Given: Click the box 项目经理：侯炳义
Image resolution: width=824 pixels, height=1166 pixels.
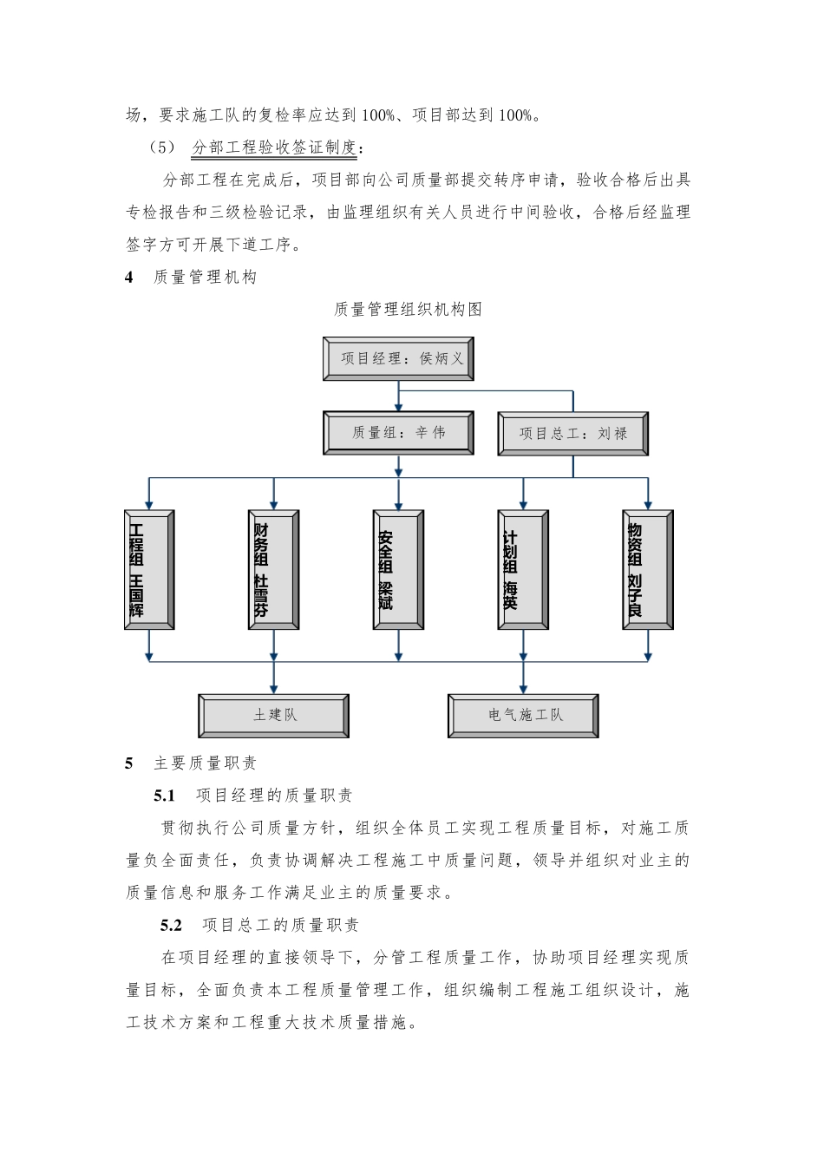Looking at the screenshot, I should click(x=398, y=358).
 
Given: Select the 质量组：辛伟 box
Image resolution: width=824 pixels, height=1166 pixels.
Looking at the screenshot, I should click(x=398, y=433).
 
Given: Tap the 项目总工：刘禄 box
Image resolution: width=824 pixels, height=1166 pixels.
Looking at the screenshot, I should click(x=572, y=433).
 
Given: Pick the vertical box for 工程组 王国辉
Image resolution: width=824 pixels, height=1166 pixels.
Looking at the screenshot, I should click(x=149, y=569).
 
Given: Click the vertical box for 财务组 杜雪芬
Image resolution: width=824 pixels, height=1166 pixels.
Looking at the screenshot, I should click(x=273, y=569).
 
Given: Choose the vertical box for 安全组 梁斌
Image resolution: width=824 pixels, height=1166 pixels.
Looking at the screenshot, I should click(x=398, y=569).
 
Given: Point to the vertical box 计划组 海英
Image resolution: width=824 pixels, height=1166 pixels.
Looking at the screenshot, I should click(x=523, y=569).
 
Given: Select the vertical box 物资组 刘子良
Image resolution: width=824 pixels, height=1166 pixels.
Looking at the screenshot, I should click(x=648, y=569).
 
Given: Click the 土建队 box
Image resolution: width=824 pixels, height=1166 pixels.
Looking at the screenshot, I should click(x=274, y=716).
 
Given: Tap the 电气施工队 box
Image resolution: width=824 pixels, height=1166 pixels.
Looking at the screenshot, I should click(x=523, y=716).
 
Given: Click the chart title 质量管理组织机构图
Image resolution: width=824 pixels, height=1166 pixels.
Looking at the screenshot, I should click(x=408, y=310).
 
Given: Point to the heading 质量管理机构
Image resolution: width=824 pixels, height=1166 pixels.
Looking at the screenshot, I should click(x=206, y=278).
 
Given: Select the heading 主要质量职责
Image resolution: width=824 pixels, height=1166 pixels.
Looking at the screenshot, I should click(x=206, y=763).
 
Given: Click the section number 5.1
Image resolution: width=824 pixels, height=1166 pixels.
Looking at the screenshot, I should click(x=165, y=796).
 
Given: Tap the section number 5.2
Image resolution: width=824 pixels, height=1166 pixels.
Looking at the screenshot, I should click(x=171, y=926).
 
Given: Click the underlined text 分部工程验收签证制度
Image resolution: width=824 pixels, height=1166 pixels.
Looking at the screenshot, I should click(x=275, y=147).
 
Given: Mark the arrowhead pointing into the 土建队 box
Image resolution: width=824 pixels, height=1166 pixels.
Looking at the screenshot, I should click(x=274, y=689).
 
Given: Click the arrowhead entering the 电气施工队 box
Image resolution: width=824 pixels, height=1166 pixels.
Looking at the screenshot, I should click(x=523, y=689).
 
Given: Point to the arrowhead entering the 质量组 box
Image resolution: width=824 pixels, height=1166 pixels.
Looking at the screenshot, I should click(x=398, y=406).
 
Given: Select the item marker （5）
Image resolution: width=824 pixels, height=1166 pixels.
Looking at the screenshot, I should click(x=162, y=147).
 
